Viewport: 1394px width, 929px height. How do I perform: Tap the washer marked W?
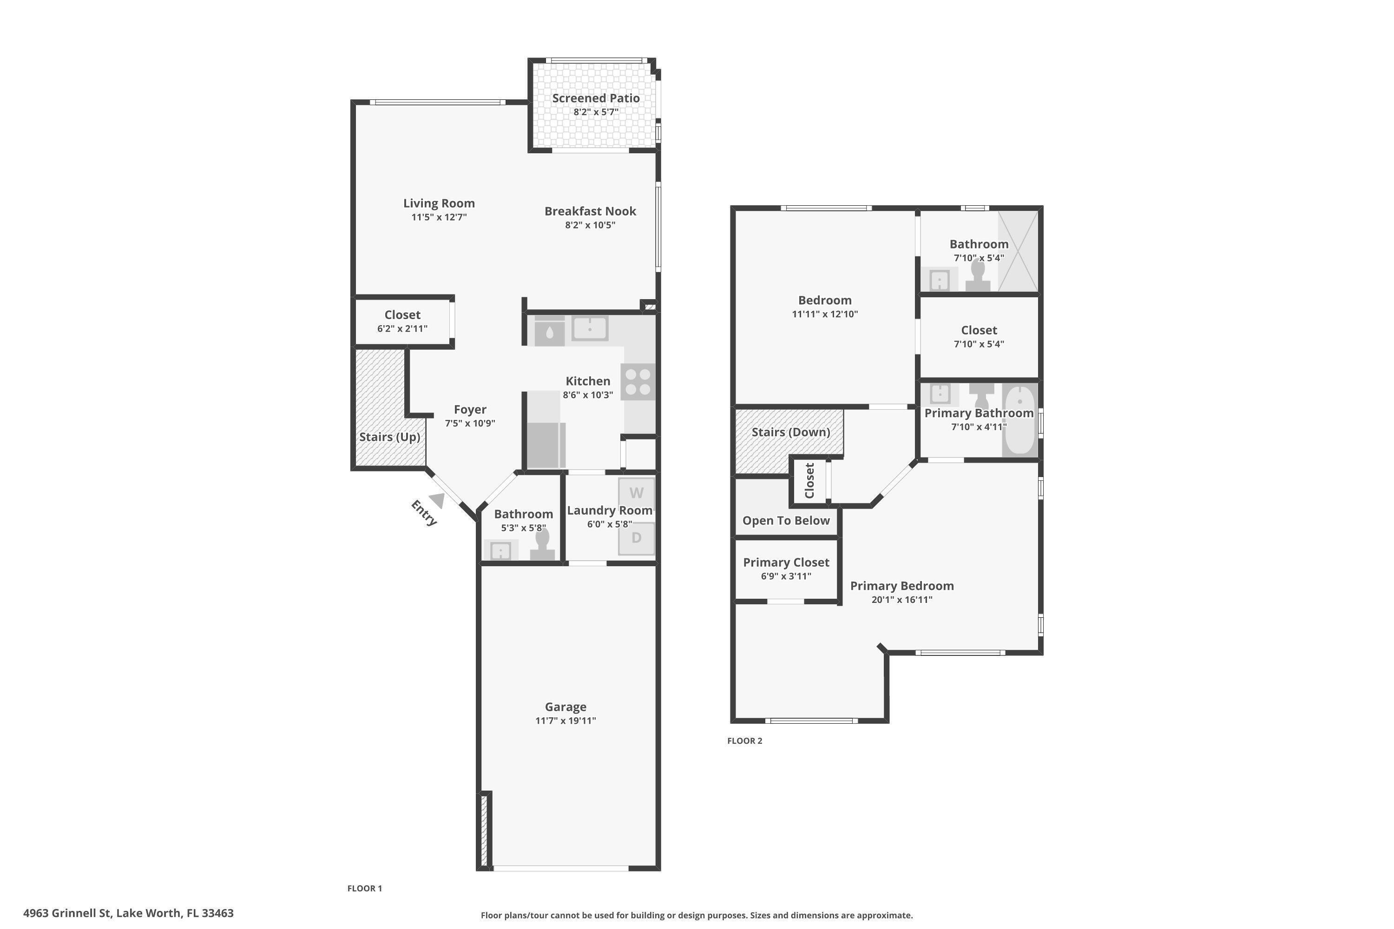[x=636, y=493]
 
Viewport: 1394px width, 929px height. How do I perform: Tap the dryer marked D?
[x=636, y=538]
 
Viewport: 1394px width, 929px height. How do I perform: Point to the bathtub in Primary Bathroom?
[x=1019, y=420]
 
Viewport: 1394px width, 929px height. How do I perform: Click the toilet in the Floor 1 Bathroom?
[x=542, y=544]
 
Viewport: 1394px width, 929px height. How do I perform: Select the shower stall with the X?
[x=1018, y=251]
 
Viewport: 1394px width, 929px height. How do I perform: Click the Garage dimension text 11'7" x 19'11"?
[x=565, y=720]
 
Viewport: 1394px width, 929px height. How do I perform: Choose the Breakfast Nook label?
[x=590, y=211]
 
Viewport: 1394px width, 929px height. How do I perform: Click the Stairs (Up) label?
[x=389, y=437]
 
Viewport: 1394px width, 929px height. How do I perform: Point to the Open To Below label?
[x=786, y=521]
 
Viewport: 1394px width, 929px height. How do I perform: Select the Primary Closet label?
[x=786, y=562]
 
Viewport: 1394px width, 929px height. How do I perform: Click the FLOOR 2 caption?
[x=744, y=740]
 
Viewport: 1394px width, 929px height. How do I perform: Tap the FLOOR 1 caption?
[x=364, y=888]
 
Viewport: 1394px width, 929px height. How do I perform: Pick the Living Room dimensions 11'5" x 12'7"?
[x=439, y=217]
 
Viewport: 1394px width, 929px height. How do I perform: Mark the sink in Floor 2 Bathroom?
[x=940, y=280]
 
